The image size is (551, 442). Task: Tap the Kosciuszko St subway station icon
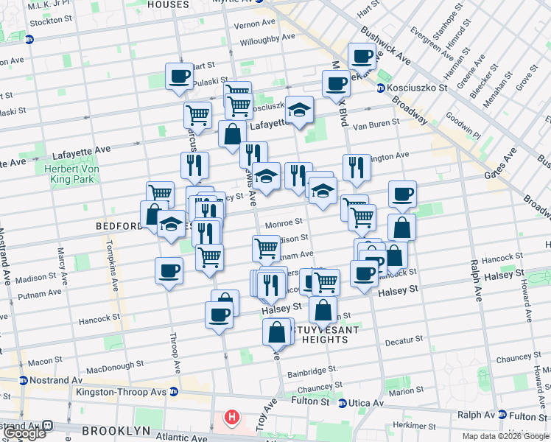click(x=381, y=88)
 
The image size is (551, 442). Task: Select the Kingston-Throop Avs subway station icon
click(x=173, y=390)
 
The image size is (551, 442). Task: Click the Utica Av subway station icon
click(x=343, y=403)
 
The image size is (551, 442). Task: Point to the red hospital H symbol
click(x=232, y=418)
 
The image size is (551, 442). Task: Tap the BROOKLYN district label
click(x=116, y=430)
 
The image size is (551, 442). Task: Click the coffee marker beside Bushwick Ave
click(x=362, y=56)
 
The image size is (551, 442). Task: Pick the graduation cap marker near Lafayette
click(x=299, y=110)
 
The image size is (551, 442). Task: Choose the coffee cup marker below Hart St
click(x=179, y=76)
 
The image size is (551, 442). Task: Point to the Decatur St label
click(x=404, y=341)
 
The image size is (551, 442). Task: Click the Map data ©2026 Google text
click(x=505, y=436)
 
